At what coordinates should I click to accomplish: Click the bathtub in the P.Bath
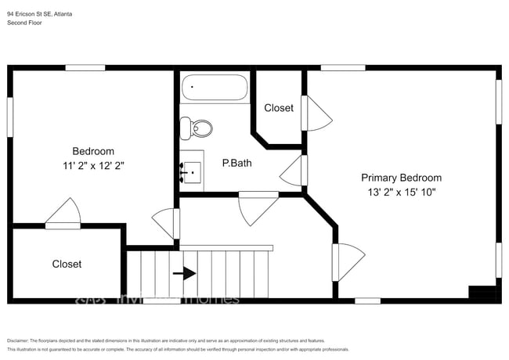tap(215, 87)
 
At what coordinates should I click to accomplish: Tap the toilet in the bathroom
tap(197, 128)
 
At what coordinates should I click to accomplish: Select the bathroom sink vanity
tap(191, 167)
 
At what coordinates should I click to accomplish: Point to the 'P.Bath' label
tap(236, 164)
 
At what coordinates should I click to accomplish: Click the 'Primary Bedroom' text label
tap(401, 178)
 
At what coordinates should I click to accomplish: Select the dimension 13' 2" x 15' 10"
tap(401, 192)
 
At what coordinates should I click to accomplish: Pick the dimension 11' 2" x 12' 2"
tap(93, 166)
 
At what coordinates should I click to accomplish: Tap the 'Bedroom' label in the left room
tap(93, 151)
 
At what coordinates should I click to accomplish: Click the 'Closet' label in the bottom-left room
tap(67, 265)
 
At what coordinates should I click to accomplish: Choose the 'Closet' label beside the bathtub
tap(279, 108)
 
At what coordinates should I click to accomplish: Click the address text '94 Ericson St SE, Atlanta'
tap(41, 13)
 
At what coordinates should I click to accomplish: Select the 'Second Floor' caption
tap(25, 23)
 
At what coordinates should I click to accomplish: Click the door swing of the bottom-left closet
tap(63, 212)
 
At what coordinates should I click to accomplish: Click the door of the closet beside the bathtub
tap(318, 114)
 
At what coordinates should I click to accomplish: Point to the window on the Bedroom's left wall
tap(10, 118)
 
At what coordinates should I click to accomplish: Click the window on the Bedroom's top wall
tap(85, 68)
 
